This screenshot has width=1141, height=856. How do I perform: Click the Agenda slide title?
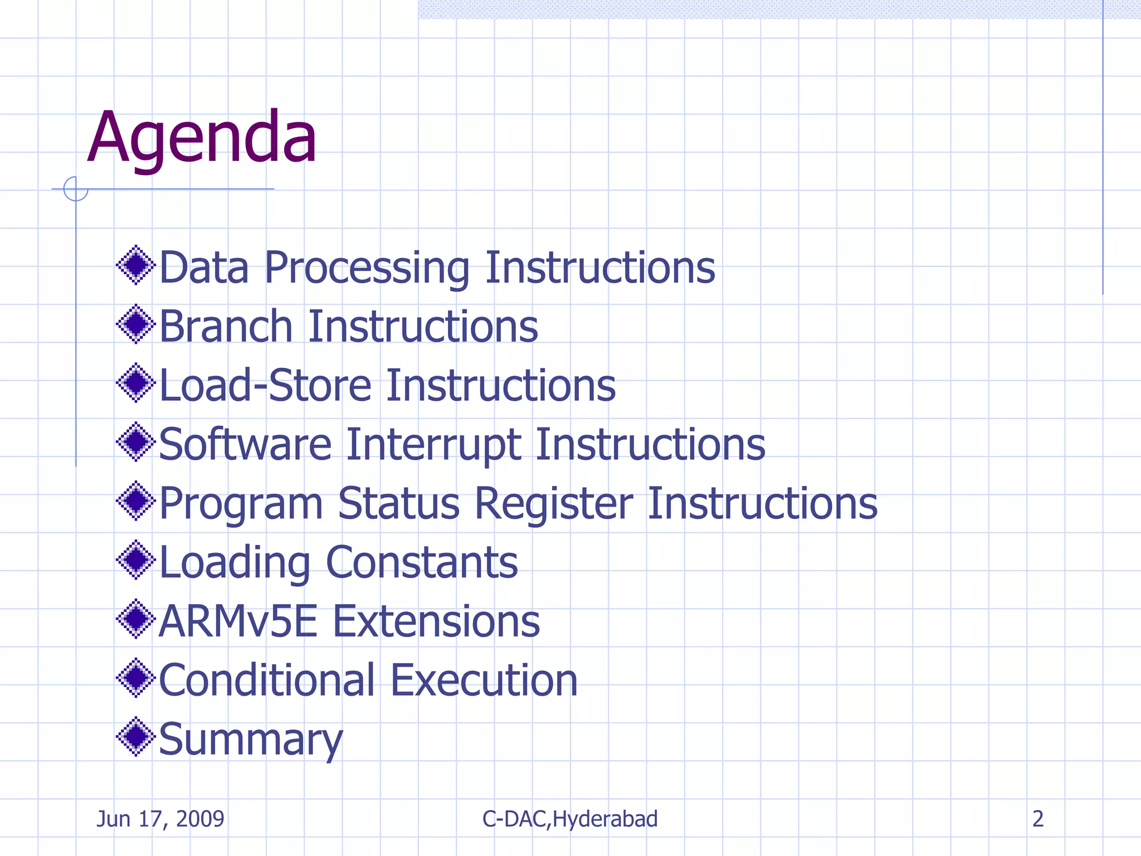[202, 138]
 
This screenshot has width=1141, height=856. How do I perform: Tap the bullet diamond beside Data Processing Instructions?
[135, 265]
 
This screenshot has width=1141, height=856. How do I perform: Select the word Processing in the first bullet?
[367, 269]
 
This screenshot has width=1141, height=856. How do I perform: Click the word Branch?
[226, 327]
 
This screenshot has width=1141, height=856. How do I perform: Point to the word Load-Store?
[265, 386]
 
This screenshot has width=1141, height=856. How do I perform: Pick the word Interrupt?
[433, 445]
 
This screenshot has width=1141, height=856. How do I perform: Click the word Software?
[245, 445]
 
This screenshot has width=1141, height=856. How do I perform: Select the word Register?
[554, 504]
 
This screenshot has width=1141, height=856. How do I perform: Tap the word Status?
[398, 504]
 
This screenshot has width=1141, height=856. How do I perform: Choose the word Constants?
[422, 563]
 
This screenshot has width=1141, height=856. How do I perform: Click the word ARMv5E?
[238, 621]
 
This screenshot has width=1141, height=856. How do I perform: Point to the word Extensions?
[436, 621]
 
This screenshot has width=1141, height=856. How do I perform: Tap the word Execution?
[484, 680]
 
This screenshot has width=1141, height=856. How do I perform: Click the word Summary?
[251, 740]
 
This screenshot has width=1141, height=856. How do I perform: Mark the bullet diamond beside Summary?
[135, 737]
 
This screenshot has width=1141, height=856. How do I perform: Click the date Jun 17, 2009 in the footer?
[160, 819]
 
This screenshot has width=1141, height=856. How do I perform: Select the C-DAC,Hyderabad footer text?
[570, 819]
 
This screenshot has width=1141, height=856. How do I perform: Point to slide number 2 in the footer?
[1038, 819]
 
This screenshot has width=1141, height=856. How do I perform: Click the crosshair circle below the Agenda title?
[76, 189]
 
